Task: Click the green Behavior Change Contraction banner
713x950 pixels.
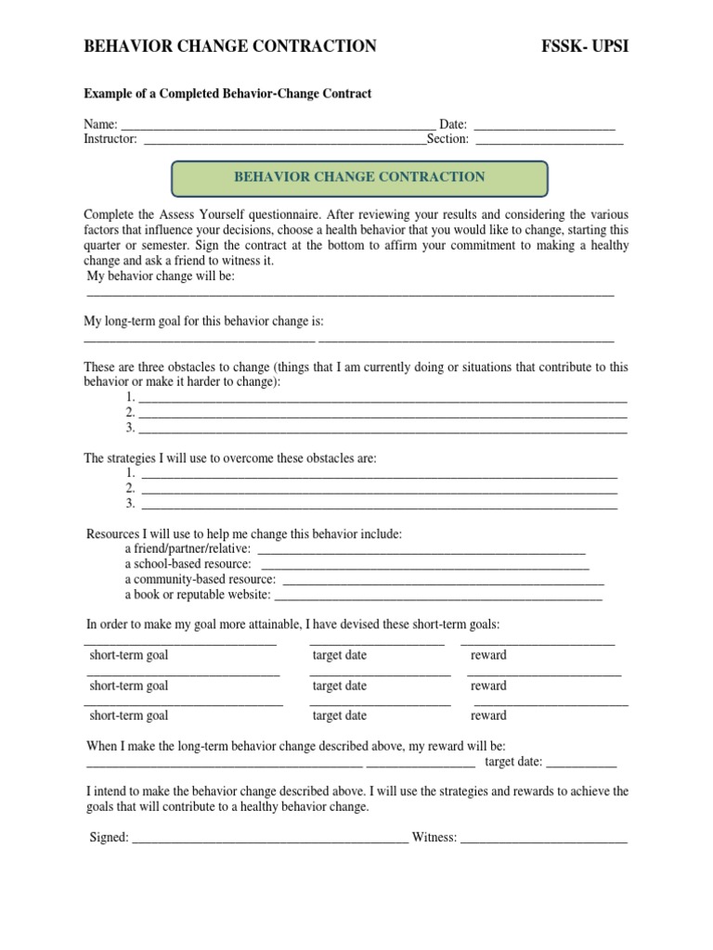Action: [359, 177]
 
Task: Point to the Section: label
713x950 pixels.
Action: [448, 139]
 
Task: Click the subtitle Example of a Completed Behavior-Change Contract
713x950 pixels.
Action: [227, 94]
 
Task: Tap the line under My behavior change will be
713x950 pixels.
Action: [350, 295]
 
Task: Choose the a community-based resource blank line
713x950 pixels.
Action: [442, 583]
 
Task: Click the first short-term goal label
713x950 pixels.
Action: [129, 655]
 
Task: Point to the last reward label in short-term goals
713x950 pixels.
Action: [488, 715]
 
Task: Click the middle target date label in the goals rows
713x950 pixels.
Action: [340, 686]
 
